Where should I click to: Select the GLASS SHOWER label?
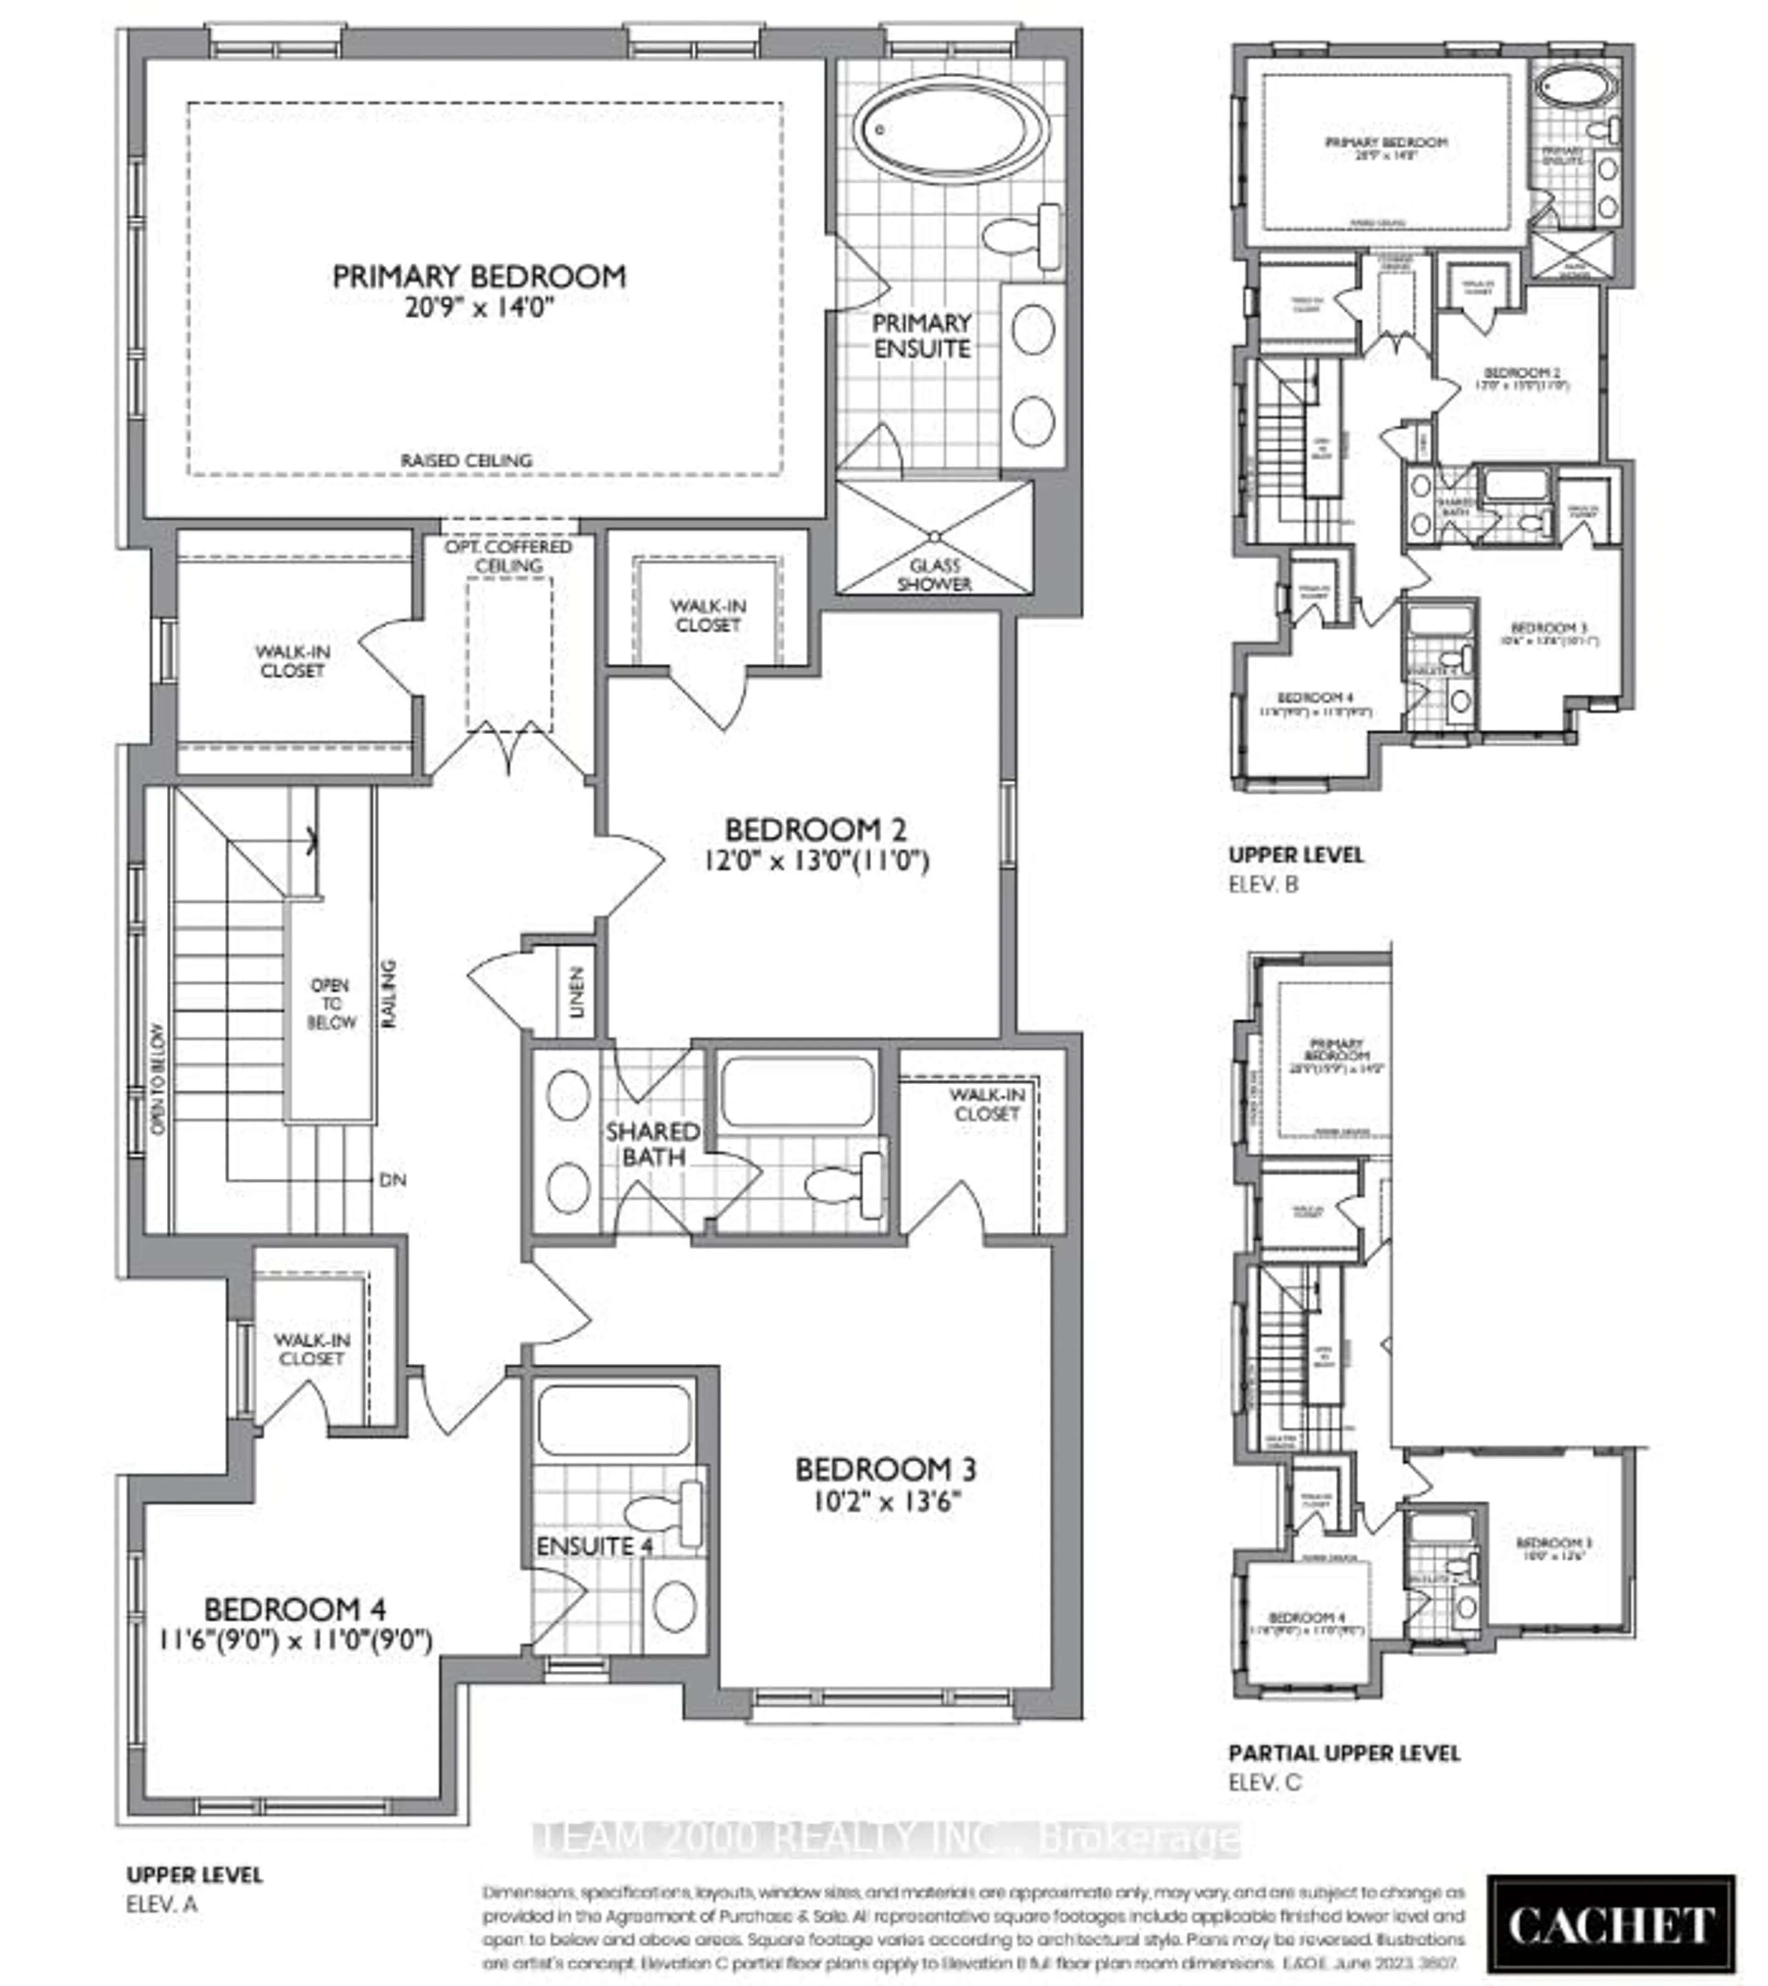point(934,574)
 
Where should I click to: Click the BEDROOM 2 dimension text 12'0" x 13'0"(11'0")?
point(816,861)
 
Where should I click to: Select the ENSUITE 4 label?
point(594,1545)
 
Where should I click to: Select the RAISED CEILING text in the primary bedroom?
point(466,459)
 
